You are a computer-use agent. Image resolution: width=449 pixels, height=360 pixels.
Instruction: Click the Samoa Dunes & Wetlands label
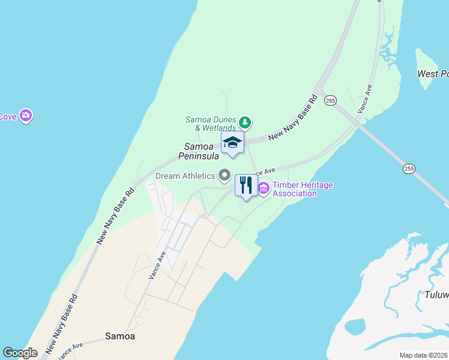pos(211,124)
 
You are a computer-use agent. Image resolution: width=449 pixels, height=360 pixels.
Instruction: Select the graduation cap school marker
pos(232,143)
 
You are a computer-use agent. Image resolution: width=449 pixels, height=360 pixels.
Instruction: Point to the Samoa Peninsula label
pos(198,151)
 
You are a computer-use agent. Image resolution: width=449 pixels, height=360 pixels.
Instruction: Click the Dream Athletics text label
pos(185,176)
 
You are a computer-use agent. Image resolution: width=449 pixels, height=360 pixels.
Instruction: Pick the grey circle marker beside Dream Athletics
pos(224,175)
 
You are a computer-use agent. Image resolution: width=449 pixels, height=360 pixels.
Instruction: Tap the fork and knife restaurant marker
pos(246,185)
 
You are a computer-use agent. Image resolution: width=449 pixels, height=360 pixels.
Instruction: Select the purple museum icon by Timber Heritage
pos(264,189)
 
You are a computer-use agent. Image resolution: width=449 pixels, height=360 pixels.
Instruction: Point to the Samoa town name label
pos(120,336)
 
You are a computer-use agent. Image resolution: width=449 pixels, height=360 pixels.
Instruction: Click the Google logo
pos(20,353)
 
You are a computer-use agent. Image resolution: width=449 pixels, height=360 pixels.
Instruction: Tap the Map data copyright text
pos(423,355)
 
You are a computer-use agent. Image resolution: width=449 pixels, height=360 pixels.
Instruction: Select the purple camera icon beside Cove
pos(25,115)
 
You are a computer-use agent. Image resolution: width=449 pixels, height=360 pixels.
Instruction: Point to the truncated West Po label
pos(433,74)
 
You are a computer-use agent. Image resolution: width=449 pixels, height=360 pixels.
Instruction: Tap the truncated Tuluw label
pos(436,295)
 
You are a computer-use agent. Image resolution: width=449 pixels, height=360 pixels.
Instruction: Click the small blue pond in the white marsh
pos(355,326)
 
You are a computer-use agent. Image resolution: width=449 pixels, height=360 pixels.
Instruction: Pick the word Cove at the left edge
pos(8,116)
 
